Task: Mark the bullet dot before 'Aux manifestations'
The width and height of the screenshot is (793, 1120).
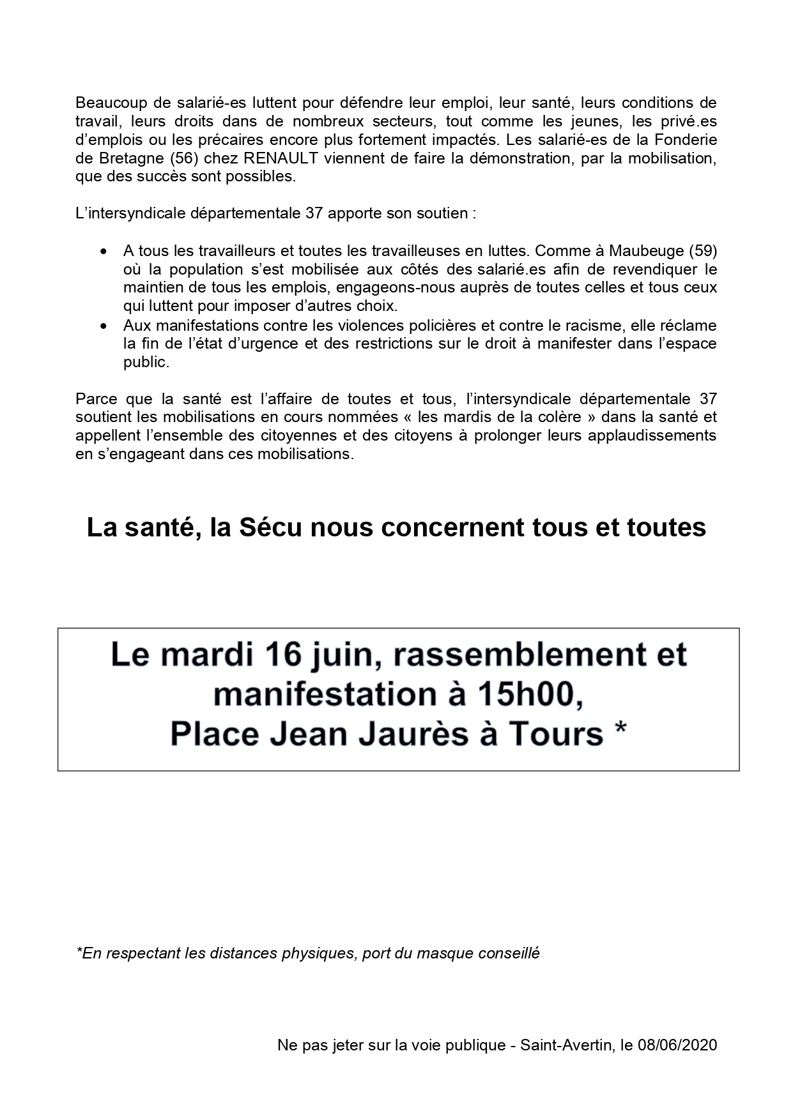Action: click(104, 326)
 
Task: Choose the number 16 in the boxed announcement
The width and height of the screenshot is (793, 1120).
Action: click(304, 655)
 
